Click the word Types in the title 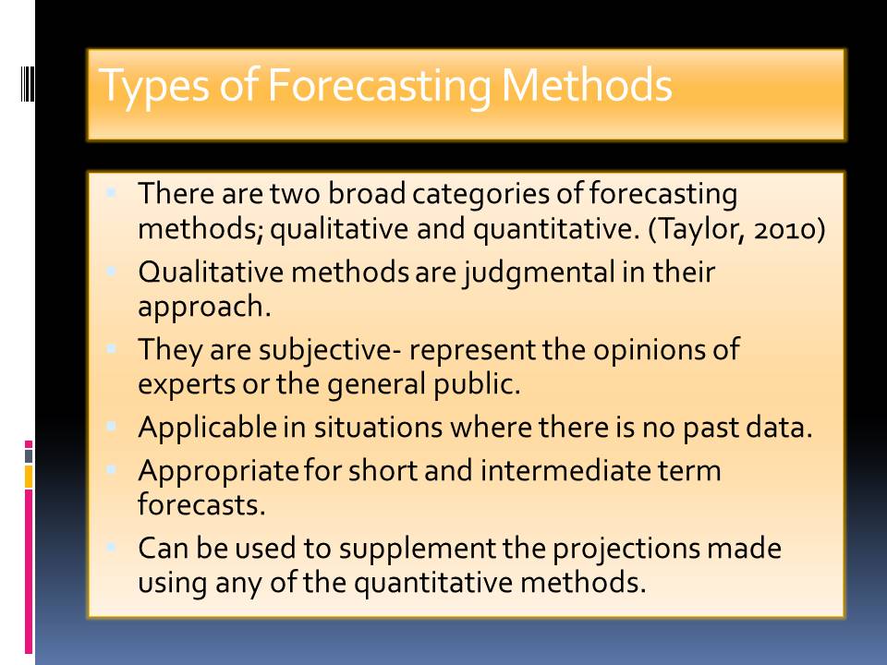click(153, 86)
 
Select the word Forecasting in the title click(379, 86)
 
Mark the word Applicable click(207, 428)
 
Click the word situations click(378, 428)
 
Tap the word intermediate click(565, 470)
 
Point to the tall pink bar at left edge click(29, 571)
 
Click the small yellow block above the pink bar click(29, 477)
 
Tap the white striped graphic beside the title click(27, 84)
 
